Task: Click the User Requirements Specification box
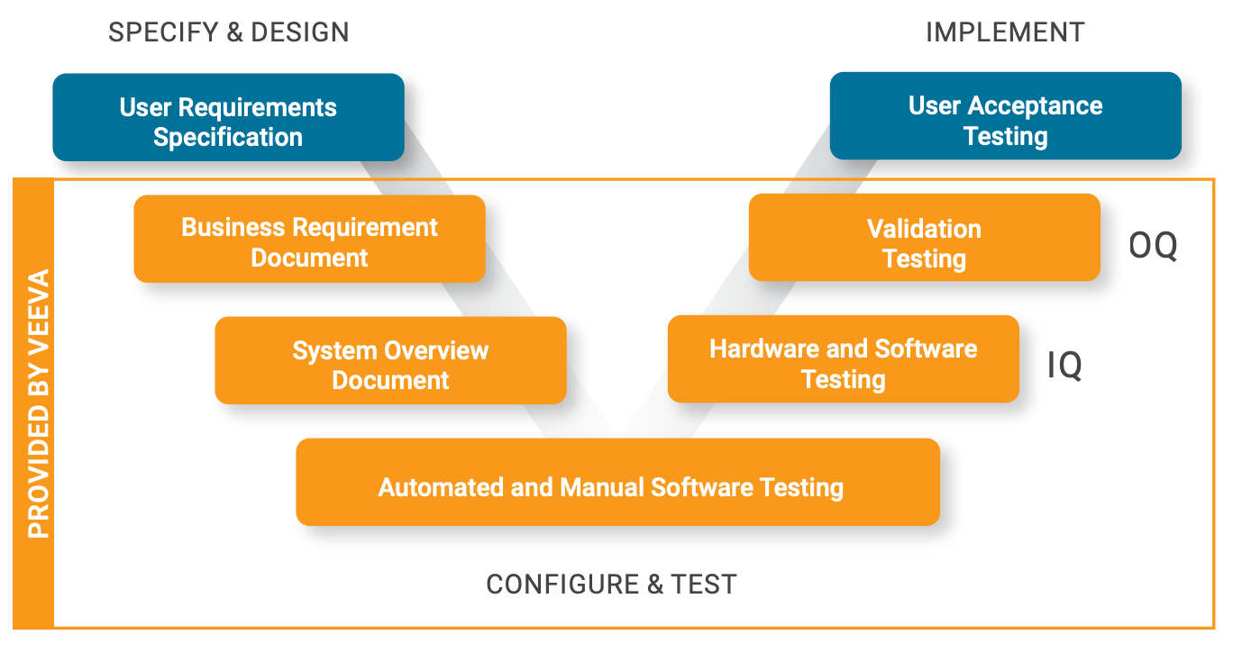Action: pyautogui.click(x=228, y=118)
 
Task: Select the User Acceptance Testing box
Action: pyautogui.click(x=1005, y=117)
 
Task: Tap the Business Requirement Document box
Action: pyautogui.click(x=309, y=240)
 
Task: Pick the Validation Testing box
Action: pyautogui.click(x=924, y=239)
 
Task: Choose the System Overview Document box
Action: pyautogui.click(x=390, y=361)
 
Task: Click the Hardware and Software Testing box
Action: pyautogui.click(x=843, y=360)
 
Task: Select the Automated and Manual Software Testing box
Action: pyautogui.click(x=617, y=483)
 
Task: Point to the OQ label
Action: pyautogui.click(x=1153, y=245)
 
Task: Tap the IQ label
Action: pyautogui.click(x=1064, y=367)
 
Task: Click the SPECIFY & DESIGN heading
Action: pyautogui.click(x=228, y=32)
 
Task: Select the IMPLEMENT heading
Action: pyautogui.click(x=1005, y=32)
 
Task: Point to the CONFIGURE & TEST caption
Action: pyautogui.click(x=611, y=585)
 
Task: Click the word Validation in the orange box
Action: pyautogui.click(x=924, y=229)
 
